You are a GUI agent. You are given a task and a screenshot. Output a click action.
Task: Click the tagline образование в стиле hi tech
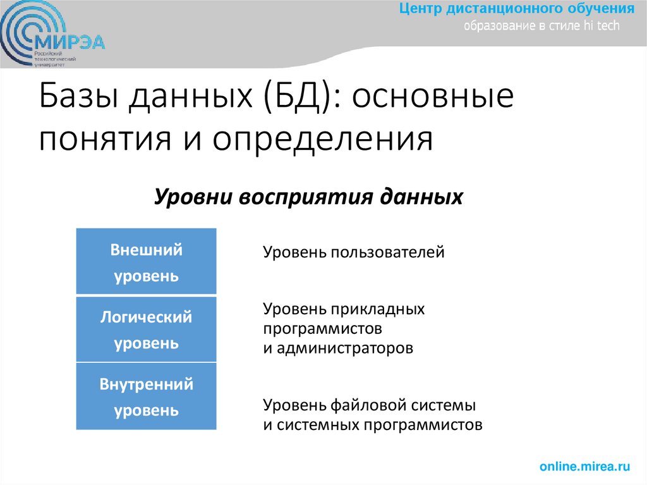point(542,27)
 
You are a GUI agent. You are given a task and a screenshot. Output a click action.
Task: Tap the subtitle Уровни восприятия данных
point(309,196)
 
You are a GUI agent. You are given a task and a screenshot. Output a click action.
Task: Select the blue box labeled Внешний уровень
point(146,262)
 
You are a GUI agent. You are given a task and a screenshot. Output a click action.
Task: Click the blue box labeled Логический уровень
point(146,329)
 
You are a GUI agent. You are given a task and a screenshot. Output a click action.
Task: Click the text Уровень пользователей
point(354,253)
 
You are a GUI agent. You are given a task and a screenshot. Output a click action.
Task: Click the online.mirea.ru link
point(584,467)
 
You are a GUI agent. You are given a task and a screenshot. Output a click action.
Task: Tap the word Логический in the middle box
point(146,317)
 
